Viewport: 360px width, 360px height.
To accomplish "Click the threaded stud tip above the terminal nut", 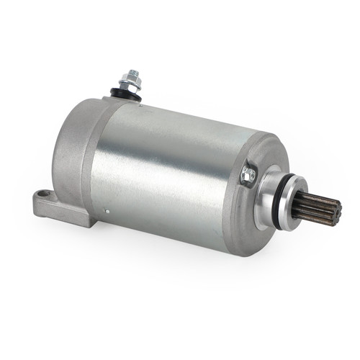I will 133,73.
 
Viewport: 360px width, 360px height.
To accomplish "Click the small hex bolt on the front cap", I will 248,173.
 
